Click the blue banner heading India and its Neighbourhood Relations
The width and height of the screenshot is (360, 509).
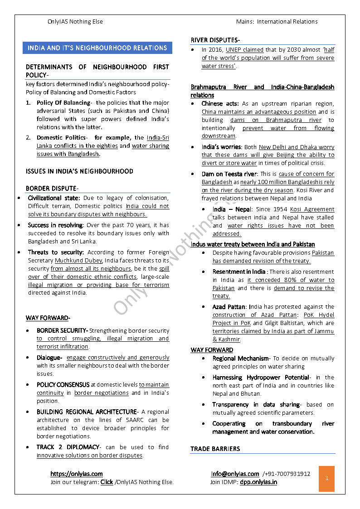pyautogui.click(x=97, y=48)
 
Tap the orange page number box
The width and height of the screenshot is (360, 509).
pyautogui.click(x=326, y=478)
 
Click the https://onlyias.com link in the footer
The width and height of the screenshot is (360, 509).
pyautogui.click(x=76, y=474)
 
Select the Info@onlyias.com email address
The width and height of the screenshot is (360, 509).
pyautogui.click(x=235, y=474)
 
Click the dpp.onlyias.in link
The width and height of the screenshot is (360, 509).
pyautogui.click(x=258, y=482)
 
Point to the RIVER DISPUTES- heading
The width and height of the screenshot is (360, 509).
pyautogui.click(x=215, y=40)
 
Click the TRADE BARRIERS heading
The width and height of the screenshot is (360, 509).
pyautogui.click(x=215, y=449)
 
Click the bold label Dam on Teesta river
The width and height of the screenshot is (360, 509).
pyautogui.click(x=229, y=174)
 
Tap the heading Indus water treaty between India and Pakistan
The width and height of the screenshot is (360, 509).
pyautogui.click(x=253, y=244)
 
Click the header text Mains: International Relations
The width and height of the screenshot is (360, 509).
pyautogui.click(x=277, y=22)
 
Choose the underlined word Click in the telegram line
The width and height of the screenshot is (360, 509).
pyautogui.click(x=107, y=482)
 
